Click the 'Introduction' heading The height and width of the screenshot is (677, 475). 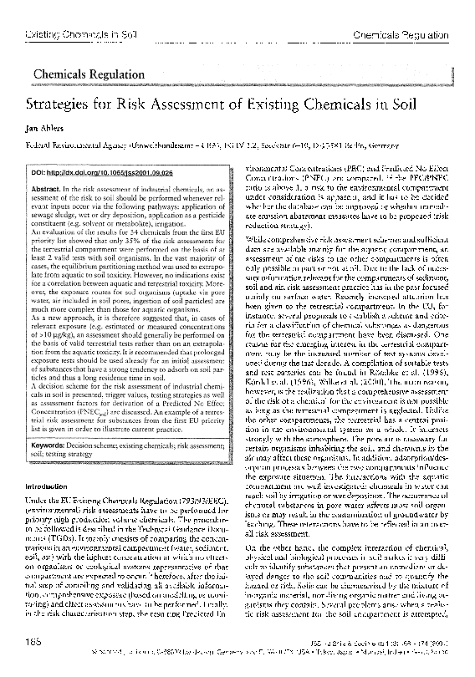[x=52, y=486]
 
